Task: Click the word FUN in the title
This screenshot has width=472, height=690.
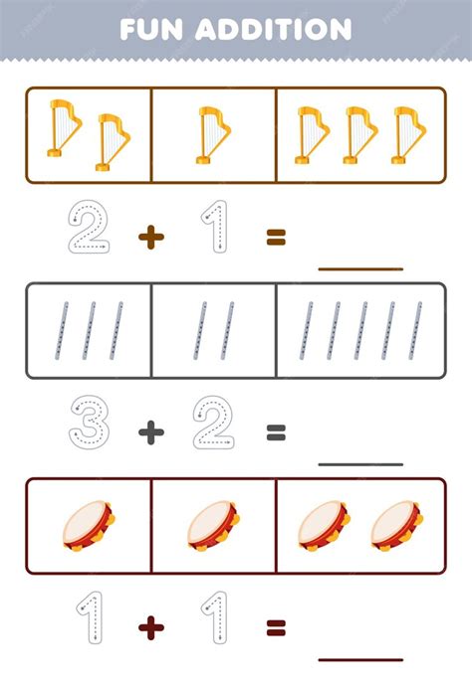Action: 151,30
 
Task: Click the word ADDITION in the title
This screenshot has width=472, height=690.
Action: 273,30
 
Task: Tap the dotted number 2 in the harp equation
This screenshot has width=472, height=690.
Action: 89,227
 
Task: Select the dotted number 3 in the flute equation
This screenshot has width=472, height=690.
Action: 90,422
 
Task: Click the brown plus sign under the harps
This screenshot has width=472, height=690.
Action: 151,238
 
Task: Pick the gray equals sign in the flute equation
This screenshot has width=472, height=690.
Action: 276,432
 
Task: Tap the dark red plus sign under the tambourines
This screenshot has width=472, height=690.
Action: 151,628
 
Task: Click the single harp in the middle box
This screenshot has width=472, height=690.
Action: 213,135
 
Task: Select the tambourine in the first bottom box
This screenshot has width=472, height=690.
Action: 89,526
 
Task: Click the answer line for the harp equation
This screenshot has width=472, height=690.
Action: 360,268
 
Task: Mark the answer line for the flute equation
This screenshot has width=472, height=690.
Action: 360,464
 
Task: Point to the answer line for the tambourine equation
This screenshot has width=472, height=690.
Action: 360,659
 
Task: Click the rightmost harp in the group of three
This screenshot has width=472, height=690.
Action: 408,135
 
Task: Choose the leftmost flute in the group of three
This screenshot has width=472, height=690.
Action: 62,330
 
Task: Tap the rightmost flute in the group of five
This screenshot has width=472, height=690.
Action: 415,330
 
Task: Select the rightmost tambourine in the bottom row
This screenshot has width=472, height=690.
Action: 397,526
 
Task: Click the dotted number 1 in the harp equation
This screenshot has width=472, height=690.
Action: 215,227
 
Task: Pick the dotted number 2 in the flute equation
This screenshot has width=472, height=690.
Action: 213,422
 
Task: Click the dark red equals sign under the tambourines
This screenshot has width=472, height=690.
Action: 276,627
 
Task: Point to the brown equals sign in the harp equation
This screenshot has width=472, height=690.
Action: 276,238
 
